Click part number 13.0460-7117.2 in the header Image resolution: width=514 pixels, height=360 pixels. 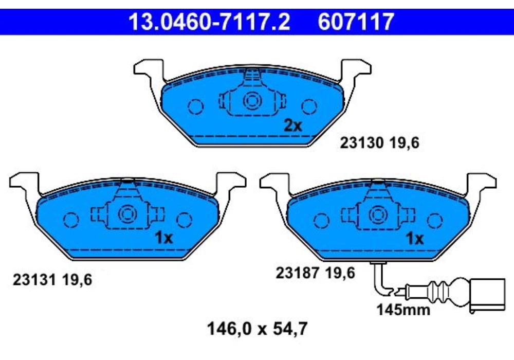(209, 22)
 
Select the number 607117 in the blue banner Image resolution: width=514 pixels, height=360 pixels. (356, 22)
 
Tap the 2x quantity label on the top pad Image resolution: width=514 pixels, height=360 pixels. (292, 125)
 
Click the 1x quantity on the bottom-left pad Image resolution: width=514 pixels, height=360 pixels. (163, 238)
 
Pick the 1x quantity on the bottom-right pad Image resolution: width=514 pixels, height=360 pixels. (415, 238)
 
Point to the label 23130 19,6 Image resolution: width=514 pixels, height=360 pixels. (379, 143)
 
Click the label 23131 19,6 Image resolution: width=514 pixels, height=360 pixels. (52, 280)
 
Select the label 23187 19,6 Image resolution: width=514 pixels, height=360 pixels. (316, 273)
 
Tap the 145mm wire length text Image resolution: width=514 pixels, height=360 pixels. (403, 310)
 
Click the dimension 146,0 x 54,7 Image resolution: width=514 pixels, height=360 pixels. (258, 329)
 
